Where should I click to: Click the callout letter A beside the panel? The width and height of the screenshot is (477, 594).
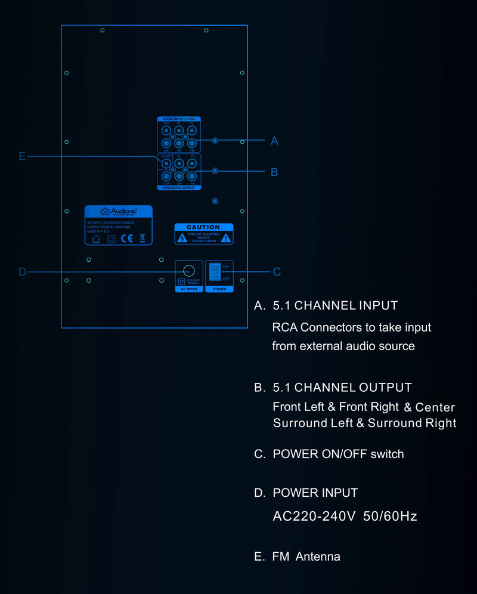click(x=274, y=141)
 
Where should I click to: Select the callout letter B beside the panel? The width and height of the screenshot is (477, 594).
click(x=274, y=172)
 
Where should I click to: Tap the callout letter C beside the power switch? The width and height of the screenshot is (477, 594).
click(x=277, y=272)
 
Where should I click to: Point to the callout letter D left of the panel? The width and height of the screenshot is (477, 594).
click(x=23, y=272)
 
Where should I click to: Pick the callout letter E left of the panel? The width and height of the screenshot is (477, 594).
click(x=23, y=156)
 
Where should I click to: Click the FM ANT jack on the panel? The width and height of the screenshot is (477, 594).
click(x=166, y=163)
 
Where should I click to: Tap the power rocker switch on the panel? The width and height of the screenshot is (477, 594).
click(x=214, y=272)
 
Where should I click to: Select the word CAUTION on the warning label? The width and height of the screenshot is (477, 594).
click(x=203, y=227)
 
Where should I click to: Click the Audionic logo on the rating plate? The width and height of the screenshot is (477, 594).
click(x=118, y=211)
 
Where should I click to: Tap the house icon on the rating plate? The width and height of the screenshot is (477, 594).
click(x=95, y=239)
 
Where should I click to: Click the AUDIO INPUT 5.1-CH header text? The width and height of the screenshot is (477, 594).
click(x=179, y=119)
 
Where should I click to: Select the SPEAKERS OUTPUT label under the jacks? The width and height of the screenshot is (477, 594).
click(x=179, y=188)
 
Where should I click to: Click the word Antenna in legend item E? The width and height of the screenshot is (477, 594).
click(x=318, y=557)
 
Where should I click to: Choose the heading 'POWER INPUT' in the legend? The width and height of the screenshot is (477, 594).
click(x=315, y=493)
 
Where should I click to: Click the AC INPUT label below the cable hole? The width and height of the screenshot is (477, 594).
click(x=189, y=289)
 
